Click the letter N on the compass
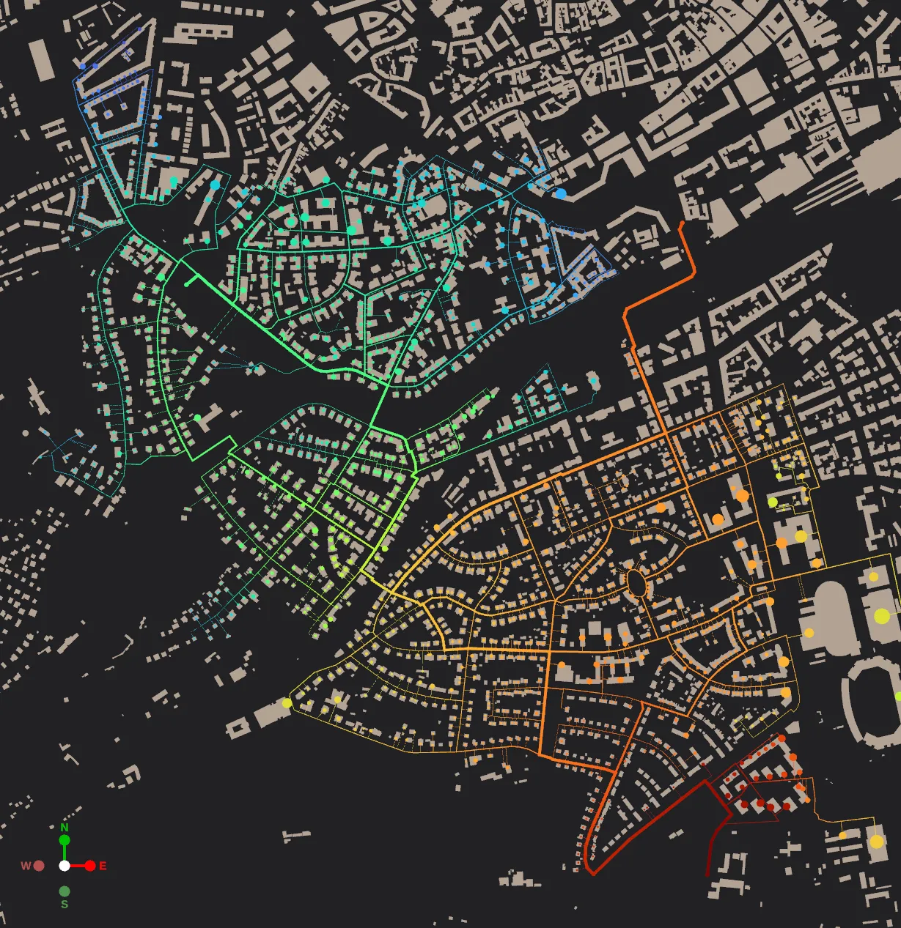pos(64,828)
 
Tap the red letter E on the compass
pos(103,866)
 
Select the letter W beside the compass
pos(26,866)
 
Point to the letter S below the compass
pos(65,905)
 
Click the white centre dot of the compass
pos(65,866)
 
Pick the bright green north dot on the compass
pos(64,839)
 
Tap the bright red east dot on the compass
pos(90,866)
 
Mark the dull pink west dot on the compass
pos(39,866)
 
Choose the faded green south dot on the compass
pos(65,891)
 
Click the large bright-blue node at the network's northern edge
pos(561,193)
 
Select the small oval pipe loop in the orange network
pos(636,583)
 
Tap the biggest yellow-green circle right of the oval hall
pos(882,616)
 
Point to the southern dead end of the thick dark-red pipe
pos(707,875)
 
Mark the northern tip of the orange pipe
pos(683,223)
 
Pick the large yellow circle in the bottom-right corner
pos(877,842)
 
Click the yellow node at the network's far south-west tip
pos(287,703)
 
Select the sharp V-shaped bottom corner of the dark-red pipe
pos(593,873)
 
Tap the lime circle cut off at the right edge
pos(898,696)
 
